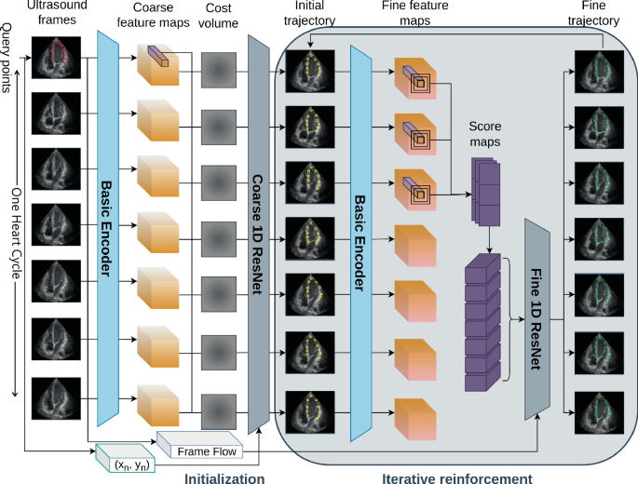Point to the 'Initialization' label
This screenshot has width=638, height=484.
pyautogui.click(x=225, y=477)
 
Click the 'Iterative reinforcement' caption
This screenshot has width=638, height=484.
pyautogui.click(x=456, y=477)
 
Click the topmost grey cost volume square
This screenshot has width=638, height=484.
pyautogui.click(x=221, y=69)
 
